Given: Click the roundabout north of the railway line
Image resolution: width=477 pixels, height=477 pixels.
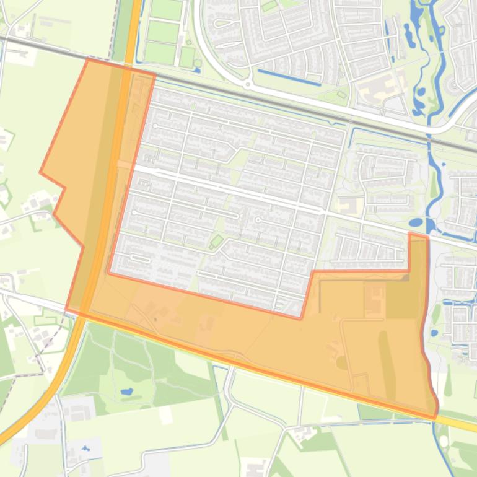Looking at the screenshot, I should [x=247, y=84].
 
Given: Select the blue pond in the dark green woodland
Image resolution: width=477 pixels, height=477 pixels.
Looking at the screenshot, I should [x=127, y=392].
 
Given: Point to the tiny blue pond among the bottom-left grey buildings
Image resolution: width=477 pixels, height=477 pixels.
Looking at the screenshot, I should [x=85, y=448].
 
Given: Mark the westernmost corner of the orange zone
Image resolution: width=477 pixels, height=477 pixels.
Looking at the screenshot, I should [x=41, y=173].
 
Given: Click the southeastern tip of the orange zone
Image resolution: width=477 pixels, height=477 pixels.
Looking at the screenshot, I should [x=435, y=414].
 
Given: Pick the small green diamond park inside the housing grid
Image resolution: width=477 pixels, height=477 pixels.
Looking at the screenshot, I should [x=217, y=240].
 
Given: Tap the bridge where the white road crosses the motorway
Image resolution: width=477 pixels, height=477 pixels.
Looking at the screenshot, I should [x=124, y=165].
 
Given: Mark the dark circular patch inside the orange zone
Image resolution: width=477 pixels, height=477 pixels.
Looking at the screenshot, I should [x=342, y=363].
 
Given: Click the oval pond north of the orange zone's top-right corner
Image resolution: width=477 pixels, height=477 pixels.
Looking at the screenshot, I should [x=416, y=222].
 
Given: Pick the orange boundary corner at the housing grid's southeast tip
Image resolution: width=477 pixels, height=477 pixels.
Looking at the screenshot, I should [x=301, y=318].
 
